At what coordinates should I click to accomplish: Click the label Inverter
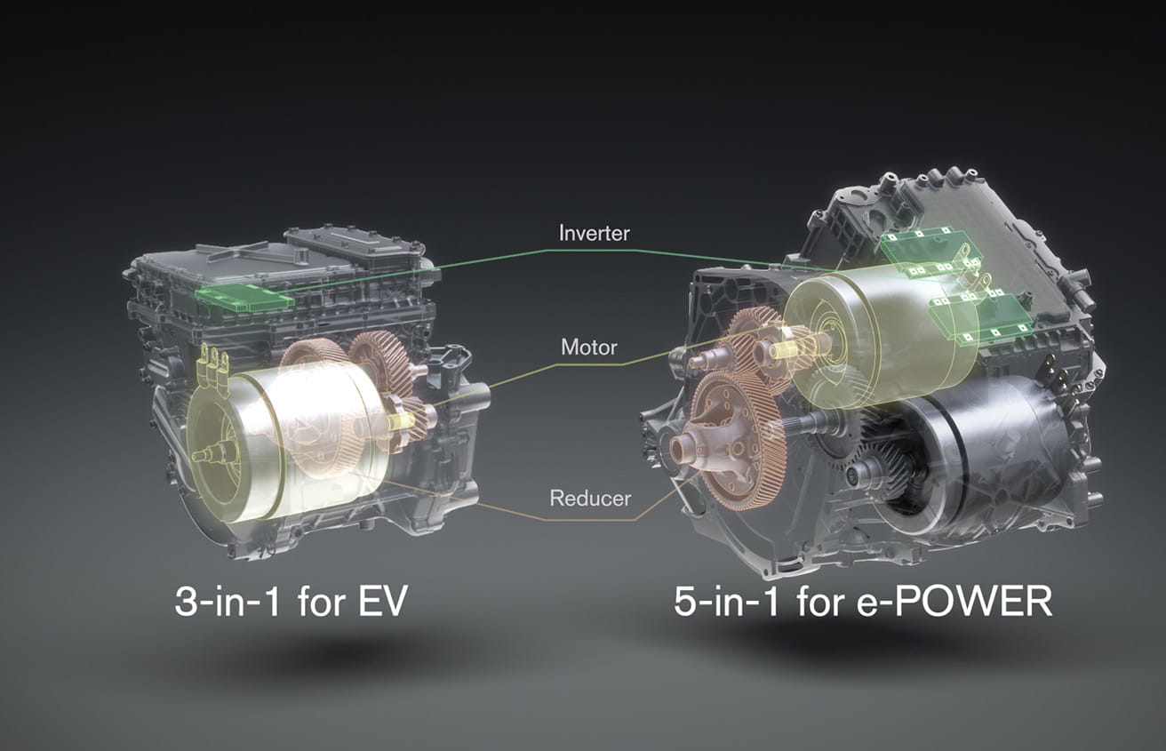(x=594, y=233)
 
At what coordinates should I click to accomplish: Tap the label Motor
(x=588, y=348)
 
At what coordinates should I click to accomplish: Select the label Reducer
(x=590, y=499)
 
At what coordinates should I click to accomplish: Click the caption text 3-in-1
(x=227, y=602)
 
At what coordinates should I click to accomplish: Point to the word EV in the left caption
(x=382, y=603)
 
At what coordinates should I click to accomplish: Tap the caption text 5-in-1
(x=727, y=602)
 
